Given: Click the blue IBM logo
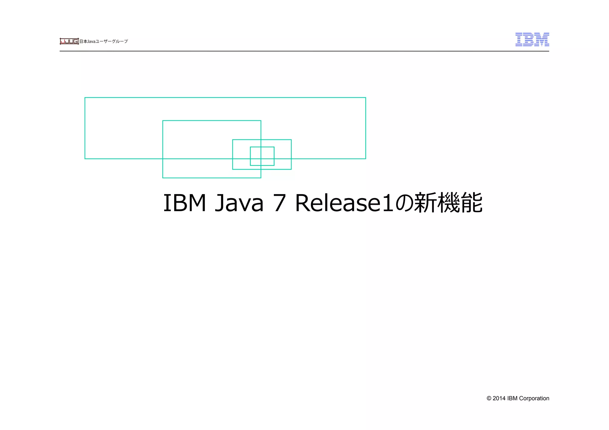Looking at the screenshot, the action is click(x=532, y=40).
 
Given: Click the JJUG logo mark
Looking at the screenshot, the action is click(x=69, y=41).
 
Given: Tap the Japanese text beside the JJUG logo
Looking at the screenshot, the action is click(x=103, y=41).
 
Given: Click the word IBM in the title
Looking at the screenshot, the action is click(x=184, y=203).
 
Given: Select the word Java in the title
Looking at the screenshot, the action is click(x=239, y=203).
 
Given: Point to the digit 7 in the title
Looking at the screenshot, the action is click(x=279, y=203).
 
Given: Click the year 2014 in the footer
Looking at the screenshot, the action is click(x=499, y=399).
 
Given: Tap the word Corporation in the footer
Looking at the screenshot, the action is click(x=534, y=399).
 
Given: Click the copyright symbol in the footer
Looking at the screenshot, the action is click(x=489, y=399).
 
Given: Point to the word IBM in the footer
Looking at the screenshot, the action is click(x=512, y=399).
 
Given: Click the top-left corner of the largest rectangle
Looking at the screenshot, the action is click(x=85, y=97).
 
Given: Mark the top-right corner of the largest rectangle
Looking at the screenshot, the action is click(x=365, y=97).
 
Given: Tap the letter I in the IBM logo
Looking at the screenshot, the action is click(x=519, y=40).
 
